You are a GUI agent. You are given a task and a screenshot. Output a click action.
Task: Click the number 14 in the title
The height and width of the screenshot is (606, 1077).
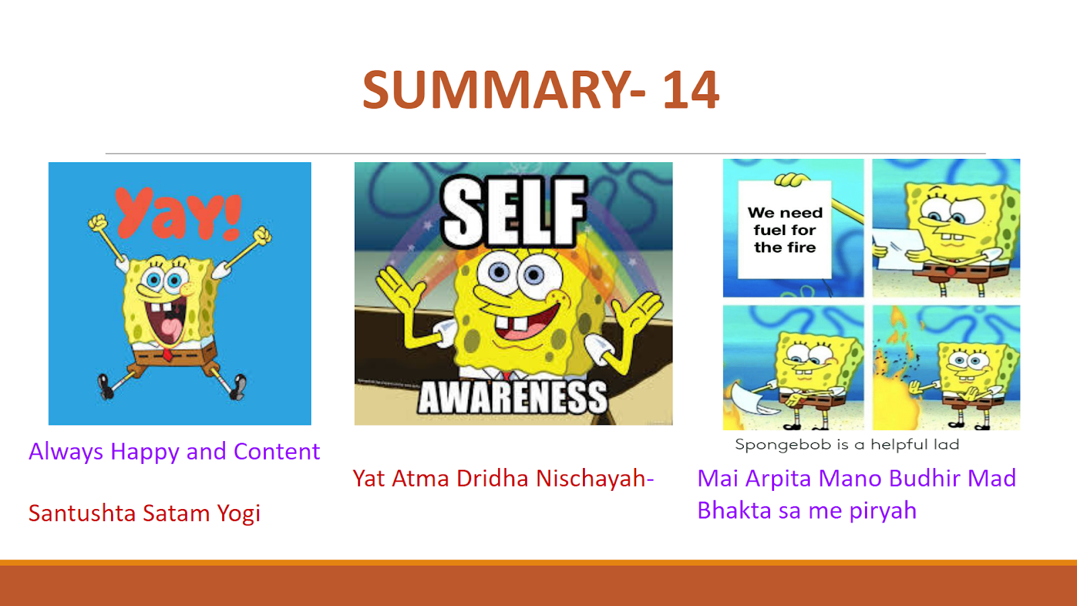pos(691,90)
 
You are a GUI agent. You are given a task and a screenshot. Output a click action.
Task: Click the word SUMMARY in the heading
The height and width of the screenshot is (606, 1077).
pos(497,90)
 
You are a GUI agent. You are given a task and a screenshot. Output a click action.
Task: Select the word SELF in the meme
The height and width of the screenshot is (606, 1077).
pos(514,211)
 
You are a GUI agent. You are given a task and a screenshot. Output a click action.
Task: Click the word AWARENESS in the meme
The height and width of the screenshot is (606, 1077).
pos(512,398)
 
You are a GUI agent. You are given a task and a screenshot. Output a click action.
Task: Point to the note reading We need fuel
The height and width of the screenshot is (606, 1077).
pos(785,230)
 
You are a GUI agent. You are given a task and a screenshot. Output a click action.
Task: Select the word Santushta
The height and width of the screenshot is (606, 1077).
pos(82,512)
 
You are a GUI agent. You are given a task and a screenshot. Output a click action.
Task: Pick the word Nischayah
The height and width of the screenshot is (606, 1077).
pos(592,479)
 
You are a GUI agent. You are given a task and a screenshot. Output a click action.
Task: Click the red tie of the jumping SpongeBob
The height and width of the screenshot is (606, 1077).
pos(168,356)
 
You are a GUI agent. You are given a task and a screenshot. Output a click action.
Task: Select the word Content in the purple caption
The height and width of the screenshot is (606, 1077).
pos(277,452)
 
